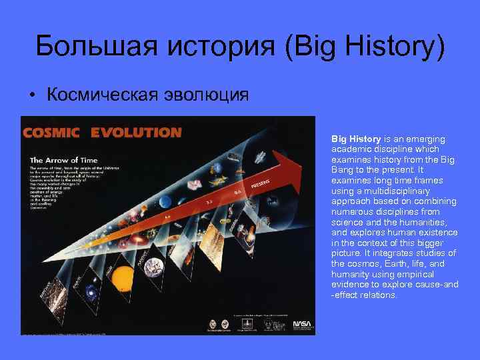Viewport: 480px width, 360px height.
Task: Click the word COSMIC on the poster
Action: pyautogui.click(x=52, y=132)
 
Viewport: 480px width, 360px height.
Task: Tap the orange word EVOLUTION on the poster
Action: pyautogui.click(x=135, y=132)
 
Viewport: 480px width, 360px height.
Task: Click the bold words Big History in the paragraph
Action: pyautogui.click(x=353, y=139)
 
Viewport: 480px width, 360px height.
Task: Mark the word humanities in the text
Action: pyautogui.click(x=427, y=222)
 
